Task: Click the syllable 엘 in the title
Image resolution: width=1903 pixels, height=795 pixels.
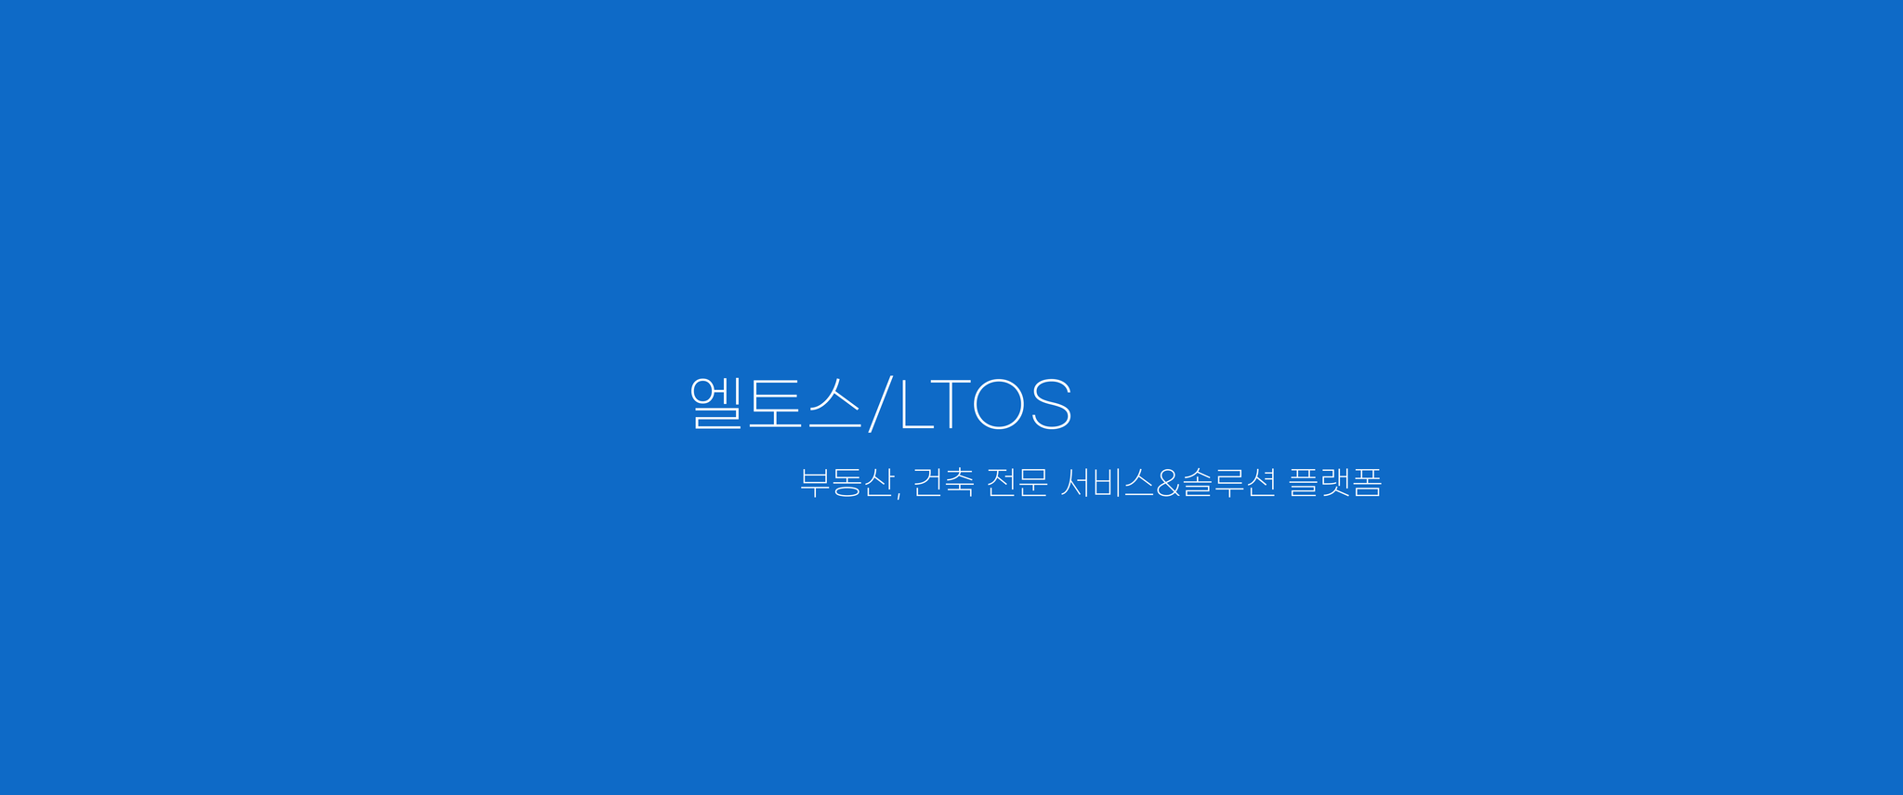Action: (x=715, y=402)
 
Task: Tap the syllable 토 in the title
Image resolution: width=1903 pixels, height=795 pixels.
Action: (x=775, y=403)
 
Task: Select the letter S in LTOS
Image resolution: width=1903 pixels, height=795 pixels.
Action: (x=1052, y=404)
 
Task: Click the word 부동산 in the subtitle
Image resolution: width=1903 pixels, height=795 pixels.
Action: (x=847, y=482)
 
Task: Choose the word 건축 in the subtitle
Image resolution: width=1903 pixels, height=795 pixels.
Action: (x=943, y=482)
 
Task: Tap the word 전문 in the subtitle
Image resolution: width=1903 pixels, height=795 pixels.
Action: (x=1017, y=482)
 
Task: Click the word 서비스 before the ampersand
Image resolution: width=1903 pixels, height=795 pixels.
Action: (x=1107, y=482)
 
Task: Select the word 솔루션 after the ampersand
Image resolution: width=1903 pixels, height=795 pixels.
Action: (x=1228, y=482)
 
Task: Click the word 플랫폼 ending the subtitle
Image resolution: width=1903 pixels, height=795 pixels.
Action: (x=1335, y=482)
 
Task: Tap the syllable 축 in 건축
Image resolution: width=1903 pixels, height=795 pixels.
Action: (x=960, y=482)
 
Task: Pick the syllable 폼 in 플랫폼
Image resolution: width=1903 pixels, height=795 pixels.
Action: (x=1368, y=482)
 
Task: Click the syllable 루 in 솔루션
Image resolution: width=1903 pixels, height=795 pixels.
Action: (x=1228, y=482)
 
